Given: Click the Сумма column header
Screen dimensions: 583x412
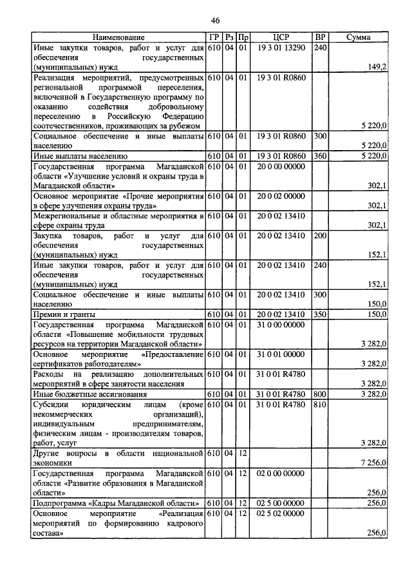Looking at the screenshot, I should [358, 38].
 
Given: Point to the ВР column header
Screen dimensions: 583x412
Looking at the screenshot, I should [320, 38].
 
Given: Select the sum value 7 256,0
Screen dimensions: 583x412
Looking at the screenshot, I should [374, 463].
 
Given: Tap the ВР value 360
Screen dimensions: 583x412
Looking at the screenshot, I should [320, 156].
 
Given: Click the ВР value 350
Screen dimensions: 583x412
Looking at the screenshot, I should [320, 314].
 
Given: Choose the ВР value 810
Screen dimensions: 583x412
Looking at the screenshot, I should [320, 403].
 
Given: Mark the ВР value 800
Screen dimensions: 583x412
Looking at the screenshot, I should [320, 394].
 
